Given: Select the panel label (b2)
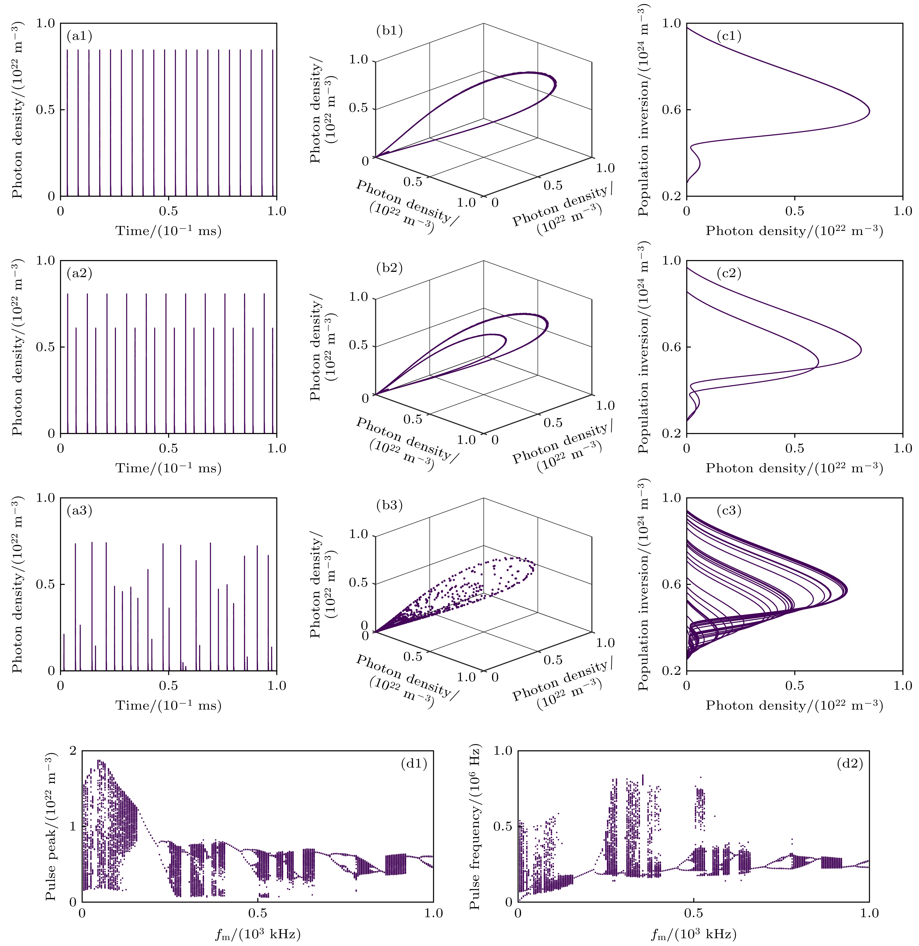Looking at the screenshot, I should (389, 268).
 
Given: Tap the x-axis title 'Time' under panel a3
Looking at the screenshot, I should (168, 706).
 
